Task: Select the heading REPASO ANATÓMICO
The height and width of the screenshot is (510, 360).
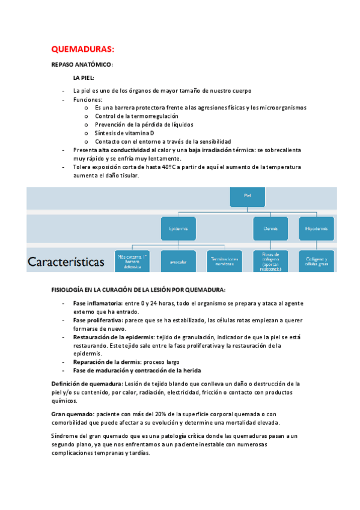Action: [x=82, y=64]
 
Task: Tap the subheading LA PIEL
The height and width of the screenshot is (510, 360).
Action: [x=84, y=78]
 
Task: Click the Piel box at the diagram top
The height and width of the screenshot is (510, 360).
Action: [x=247, y=195]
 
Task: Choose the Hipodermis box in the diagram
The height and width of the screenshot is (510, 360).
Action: [x=316, y=229]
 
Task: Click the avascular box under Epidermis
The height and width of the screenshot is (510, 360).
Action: [x=177, y=262]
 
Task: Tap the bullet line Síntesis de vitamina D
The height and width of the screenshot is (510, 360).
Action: [x=124, y=132]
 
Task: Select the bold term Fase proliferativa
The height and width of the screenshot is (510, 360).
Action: [x=97, y=321]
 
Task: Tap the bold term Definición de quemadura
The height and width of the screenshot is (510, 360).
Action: [x=87, y=384]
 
